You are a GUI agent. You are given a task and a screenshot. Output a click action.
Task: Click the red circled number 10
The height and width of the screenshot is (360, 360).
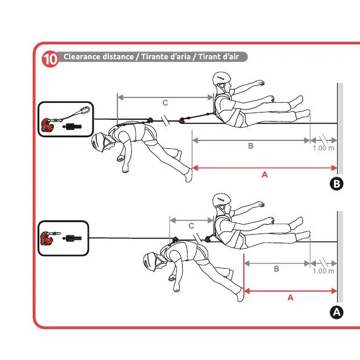click(50, 59)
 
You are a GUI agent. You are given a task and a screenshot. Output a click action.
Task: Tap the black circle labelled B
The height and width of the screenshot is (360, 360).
click(336, 184)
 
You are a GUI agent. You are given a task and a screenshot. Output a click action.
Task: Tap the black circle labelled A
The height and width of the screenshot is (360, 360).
click(336, 312)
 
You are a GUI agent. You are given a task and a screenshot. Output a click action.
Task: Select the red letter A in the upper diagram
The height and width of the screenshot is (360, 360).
click(265, 175)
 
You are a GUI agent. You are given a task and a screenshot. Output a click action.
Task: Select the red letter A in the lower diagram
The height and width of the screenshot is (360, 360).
click(290, 298)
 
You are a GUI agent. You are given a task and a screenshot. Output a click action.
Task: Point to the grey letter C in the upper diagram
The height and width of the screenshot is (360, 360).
click(165, 103)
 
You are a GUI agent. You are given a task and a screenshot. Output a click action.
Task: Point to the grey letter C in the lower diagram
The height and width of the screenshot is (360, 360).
click(191, 226)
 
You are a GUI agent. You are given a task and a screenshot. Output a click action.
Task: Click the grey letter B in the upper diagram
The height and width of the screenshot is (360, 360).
click(250, 146)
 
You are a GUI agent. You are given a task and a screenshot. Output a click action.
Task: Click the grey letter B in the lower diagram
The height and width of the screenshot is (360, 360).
click(277, 269)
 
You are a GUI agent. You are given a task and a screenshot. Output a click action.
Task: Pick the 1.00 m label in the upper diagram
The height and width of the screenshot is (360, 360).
click(323, 148)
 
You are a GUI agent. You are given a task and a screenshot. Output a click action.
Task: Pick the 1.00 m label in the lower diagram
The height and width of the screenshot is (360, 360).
click(323, 271)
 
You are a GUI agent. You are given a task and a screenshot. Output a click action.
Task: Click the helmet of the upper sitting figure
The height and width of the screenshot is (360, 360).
click(221, 78)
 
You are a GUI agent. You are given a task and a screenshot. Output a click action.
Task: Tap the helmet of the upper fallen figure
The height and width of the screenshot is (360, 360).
click(97, 142)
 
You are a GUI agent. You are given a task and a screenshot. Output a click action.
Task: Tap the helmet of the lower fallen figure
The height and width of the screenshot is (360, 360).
click(149, 262)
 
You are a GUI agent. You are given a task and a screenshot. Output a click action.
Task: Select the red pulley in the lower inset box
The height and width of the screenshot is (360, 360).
click(47, 238)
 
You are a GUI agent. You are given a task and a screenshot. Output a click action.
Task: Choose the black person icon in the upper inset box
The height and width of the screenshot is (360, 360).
click(72, 126)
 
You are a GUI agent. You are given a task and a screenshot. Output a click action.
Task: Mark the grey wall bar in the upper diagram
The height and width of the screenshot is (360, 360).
click(340, 128)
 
